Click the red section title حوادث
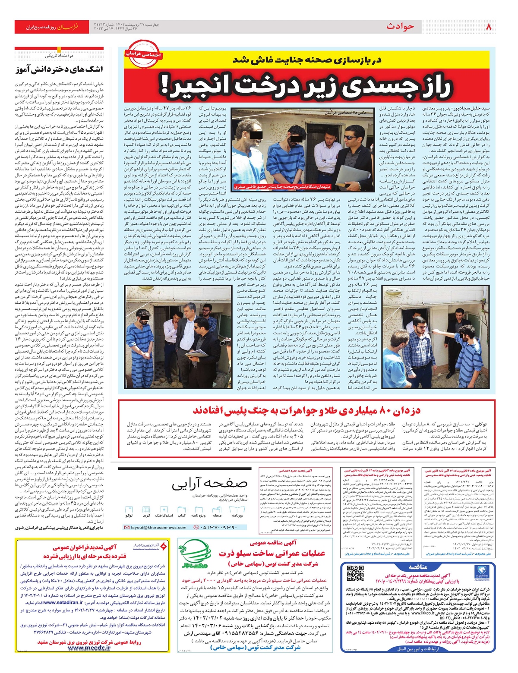[400, 27]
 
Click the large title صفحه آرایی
[210, 485]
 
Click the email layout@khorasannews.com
[159, 527]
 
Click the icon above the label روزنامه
[237, 509]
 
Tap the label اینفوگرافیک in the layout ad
[164, 516]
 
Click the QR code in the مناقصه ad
[355, 574]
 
